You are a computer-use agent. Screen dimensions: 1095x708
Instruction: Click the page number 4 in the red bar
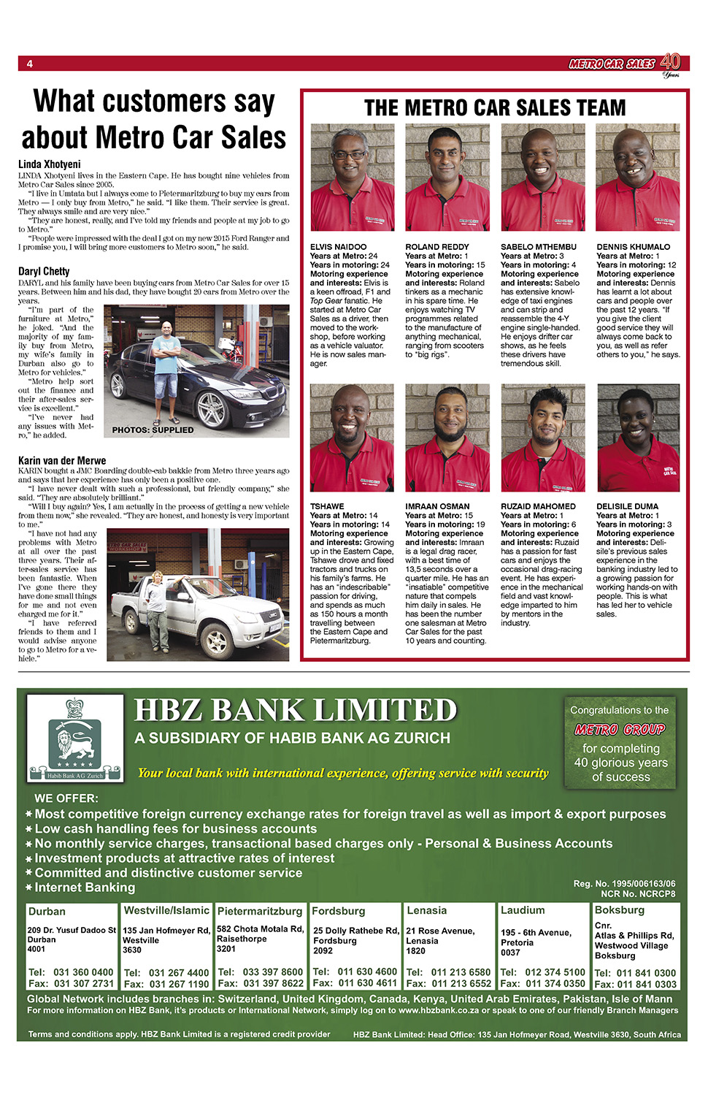tap(30, 64)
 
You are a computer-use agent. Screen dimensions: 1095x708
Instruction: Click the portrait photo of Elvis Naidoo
tap(352, 178)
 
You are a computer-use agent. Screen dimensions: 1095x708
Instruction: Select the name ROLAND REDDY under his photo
tap(436, 247)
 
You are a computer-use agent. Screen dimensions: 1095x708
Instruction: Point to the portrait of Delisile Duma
tap(638, 438)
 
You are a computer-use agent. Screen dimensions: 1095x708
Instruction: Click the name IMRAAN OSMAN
tap(437, 506)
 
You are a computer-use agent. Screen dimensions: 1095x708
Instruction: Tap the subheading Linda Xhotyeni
tap(49, 164)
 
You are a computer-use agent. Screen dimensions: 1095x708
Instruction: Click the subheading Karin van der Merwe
tap(62, 460)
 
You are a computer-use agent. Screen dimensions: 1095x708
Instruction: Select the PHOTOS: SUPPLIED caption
tap(153, 430)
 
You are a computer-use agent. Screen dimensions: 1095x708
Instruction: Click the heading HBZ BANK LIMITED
tap(296, 711)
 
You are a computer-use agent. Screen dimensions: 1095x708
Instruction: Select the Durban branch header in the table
tap(47, 912)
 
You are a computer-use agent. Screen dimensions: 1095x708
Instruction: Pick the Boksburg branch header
tap(620, 910)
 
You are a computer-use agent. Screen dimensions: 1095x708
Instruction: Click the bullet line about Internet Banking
tap(85, 888)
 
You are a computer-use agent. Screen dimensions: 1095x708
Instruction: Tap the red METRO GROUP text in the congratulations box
tap(620, 729)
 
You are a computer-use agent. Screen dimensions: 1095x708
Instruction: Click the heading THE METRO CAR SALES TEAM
tap(495, 108)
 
